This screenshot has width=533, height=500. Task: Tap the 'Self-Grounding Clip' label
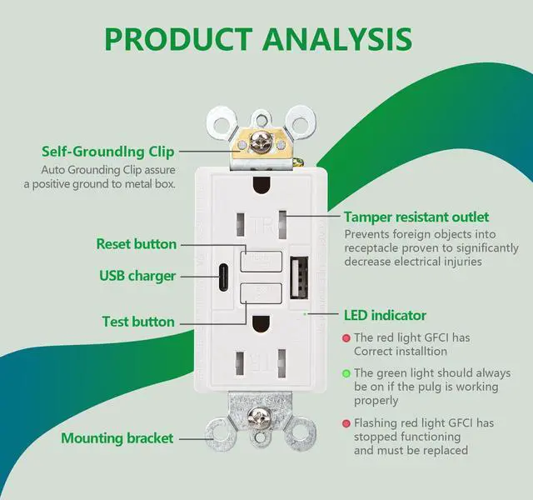(x=108, y=152)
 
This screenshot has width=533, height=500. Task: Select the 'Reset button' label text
(x=136, y=244)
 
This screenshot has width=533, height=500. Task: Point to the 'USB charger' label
(x=137, y=276)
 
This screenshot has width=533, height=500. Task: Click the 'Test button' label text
(x=138, y=322)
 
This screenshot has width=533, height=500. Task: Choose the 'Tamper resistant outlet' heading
(x=416, y=217)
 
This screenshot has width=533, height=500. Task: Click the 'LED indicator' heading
(x=385, y=315)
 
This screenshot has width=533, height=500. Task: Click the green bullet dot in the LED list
(x=346, y=373)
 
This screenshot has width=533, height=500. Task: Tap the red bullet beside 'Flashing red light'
(x=346, y=424)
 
